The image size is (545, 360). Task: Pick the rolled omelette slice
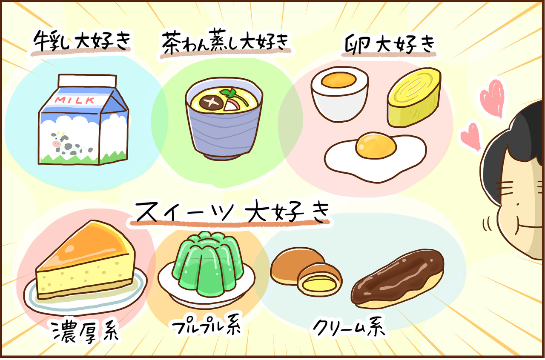(413, 97)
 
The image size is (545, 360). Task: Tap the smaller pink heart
(471, 137)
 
